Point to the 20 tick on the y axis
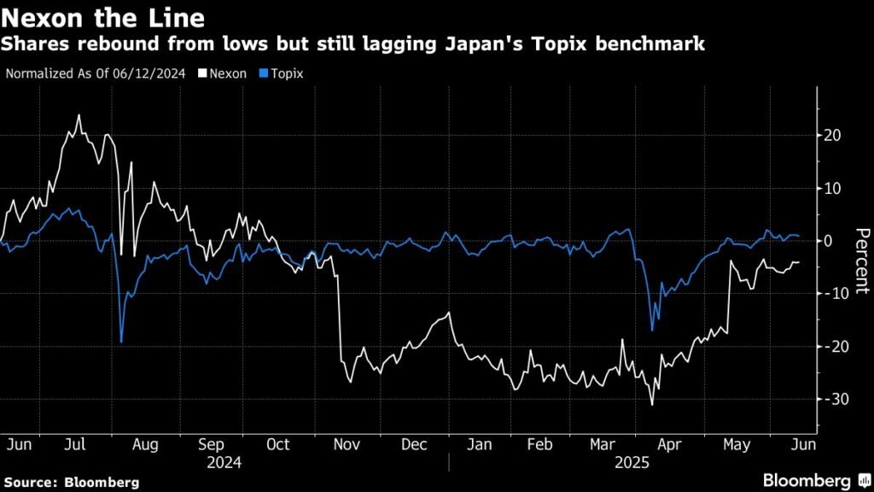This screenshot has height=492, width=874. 833,135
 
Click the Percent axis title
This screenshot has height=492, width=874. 861,261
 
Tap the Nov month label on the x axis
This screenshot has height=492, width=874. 346,444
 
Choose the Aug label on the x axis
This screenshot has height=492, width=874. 145,444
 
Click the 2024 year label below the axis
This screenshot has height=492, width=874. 224,463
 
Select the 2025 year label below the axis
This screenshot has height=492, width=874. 633,463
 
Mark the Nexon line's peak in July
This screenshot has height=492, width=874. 79,115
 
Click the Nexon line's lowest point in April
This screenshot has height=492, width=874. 651,405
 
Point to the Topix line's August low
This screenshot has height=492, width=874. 121,342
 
